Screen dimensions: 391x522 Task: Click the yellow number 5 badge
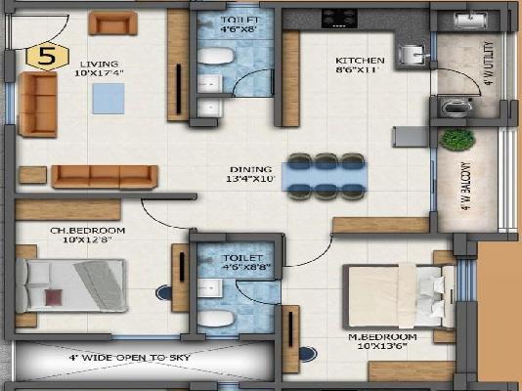(44, 56)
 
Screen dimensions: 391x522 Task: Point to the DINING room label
(251, 173)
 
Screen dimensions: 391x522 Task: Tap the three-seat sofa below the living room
(105, 176)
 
